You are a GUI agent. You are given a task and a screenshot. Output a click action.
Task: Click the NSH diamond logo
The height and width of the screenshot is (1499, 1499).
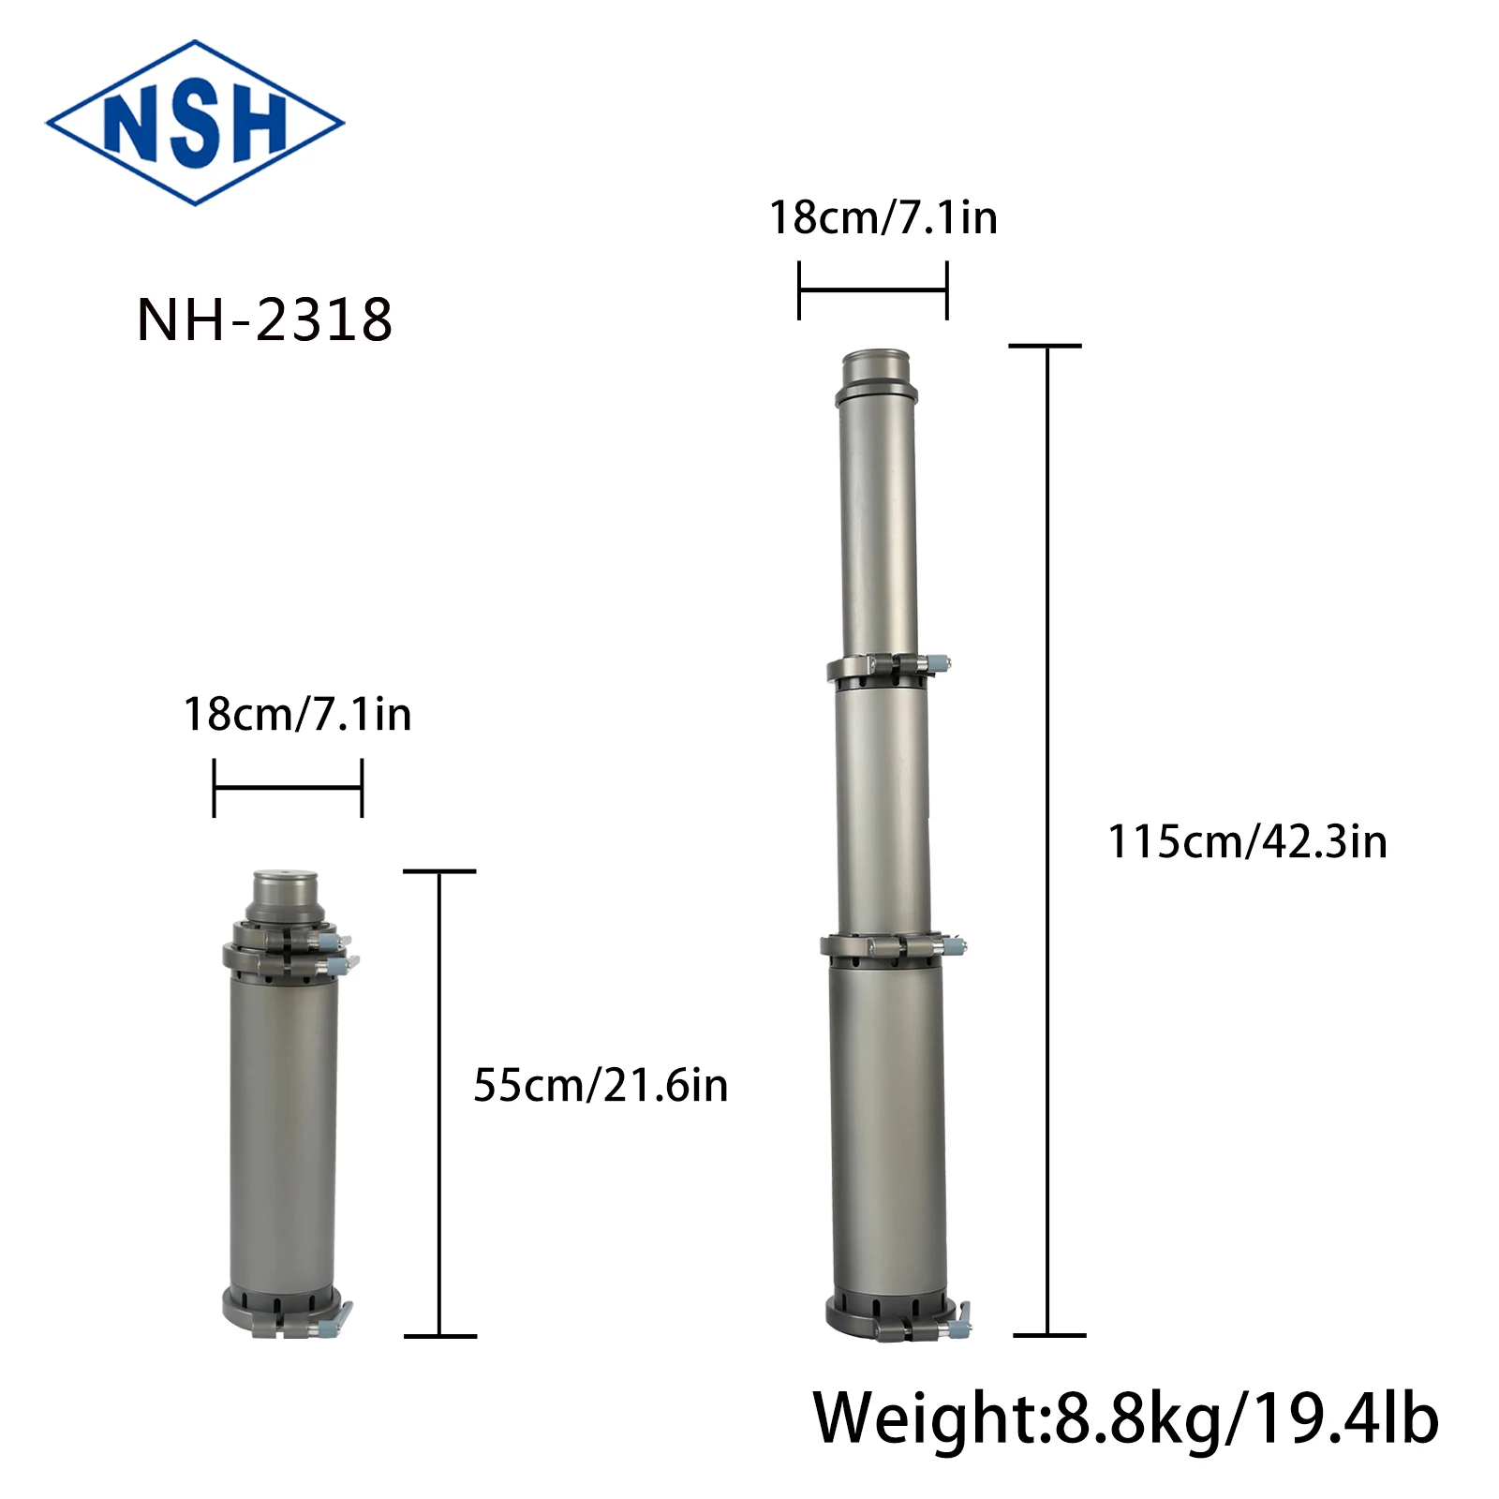pyautogui.click(x=195, y=123)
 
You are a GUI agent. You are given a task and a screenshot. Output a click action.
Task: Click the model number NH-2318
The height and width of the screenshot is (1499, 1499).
pyautogui.click(x=264, y=320)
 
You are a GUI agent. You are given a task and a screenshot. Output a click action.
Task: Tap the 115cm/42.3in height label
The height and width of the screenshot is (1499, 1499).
pyautogui.click(x=1247, y=842)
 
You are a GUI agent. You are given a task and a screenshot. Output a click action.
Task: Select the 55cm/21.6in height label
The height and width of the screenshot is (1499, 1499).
pyautogui.click(x=601, y=1086)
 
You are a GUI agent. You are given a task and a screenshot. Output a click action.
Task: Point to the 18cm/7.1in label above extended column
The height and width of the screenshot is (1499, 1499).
pyautogui.click(x=883, y=218)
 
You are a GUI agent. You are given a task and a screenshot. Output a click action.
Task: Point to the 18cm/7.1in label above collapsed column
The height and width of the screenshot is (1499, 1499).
pyautogui.click(x=297, y=715)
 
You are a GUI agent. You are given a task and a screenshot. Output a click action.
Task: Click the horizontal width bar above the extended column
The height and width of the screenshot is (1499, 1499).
pyautogui.click(x=872, y=290)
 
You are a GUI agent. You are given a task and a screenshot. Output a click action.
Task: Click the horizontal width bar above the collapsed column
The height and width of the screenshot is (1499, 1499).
pyautogui.click(x=288, y=788)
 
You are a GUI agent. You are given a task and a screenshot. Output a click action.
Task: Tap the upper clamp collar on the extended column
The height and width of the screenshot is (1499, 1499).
pyautogui.click(x=881, y=668)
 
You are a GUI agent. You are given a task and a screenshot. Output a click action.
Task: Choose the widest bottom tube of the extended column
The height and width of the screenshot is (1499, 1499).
pyautogui.click(x=887, y=1124)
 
